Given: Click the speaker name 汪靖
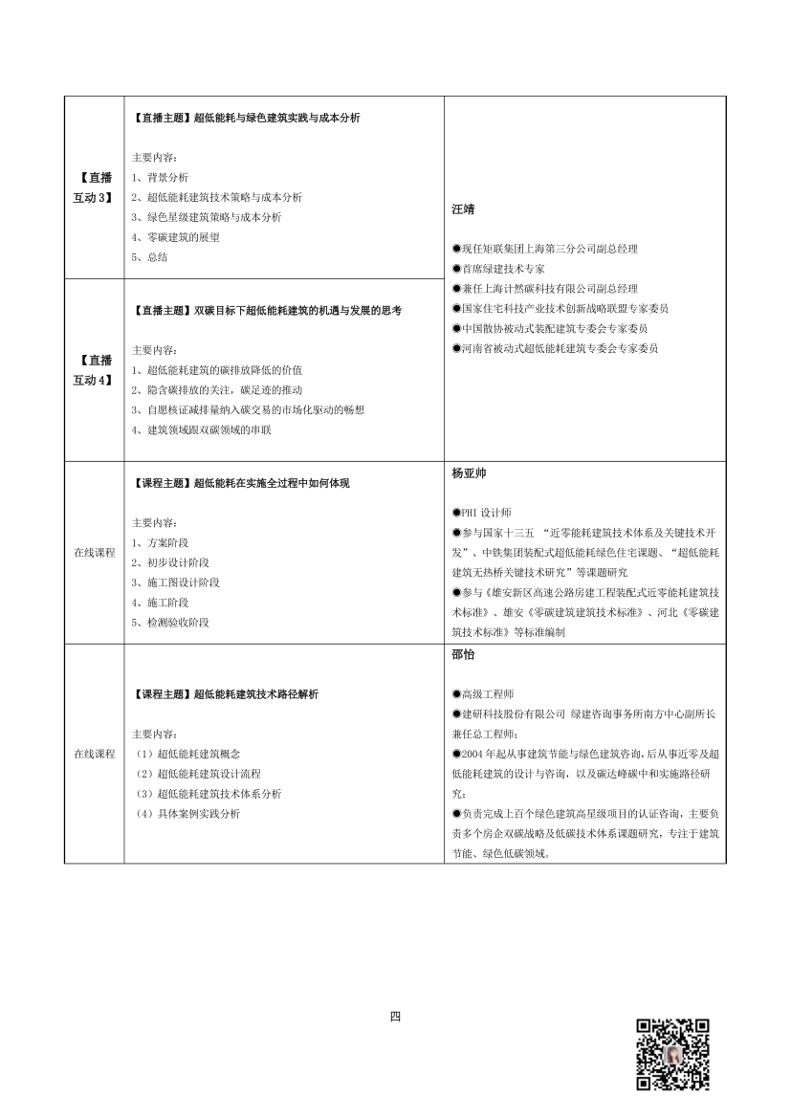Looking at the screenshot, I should point(463,209).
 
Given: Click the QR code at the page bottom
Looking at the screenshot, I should point(673,1054).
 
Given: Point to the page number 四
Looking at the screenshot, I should point(395,1017).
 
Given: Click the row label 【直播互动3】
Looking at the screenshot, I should point(94,187).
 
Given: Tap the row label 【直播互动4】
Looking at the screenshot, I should point(94,370).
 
